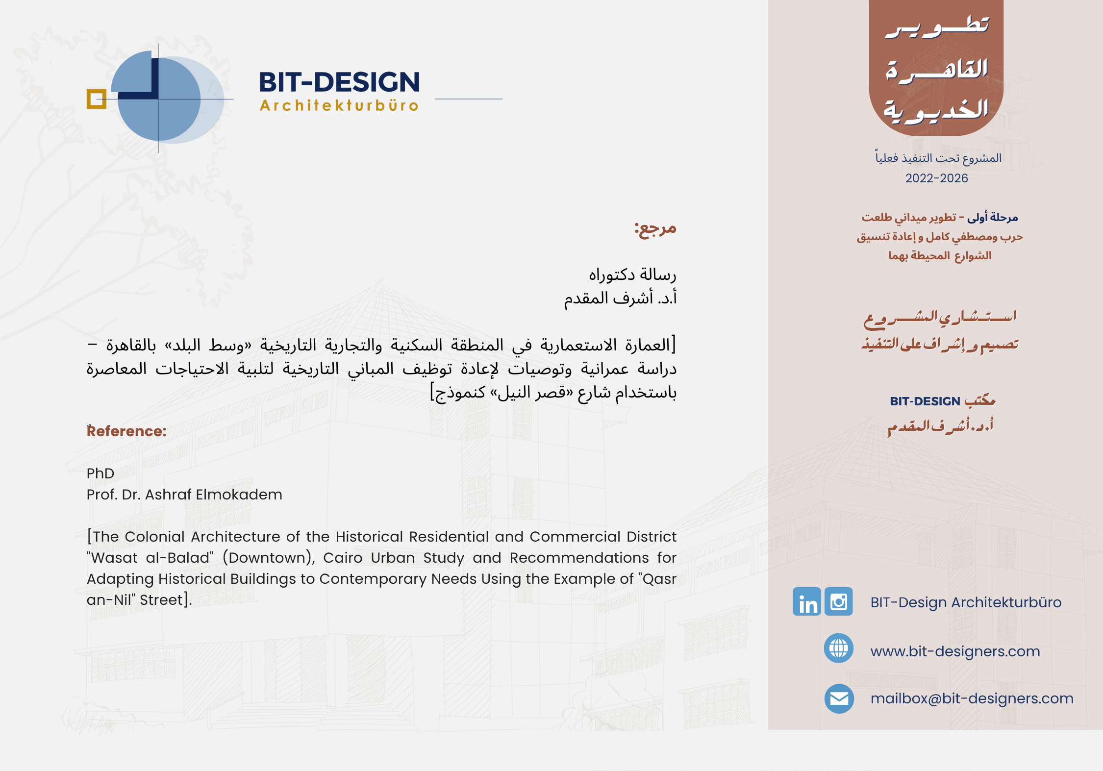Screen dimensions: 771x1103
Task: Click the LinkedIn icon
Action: [x=806, y=601]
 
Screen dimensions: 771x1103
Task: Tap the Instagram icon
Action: [x=839, y=601]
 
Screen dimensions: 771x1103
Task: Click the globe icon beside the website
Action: [x=839, y=648]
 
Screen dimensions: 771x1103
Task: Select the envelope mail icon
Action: [x=839, y=698]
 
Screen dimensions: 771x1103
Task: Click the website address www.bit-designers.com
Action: [x=955, y=651]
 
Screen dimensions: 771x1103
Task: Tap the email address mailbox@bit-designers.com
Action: [x=972, y=698]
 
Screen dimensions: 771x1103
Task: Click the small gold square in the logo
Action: [x=97, y=99]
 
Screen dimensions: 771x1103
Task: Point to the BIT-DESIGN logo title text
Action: [x=339, y=82]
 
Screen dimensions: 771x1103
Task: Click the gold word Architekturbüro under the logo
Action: [x=339, y=105]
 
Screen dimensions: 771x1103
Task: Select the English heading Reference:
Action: [x=127, y=431]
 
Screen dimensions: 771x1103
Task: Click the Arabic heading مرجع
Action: [x=655, y=228]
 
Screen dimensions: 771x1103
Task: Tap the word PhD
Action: [x=100, y=473]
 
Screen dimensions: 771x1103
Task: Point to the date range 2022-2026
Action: [x=936, y=178]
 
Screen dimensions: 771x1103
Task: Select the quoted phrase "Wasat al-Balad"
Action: [x=150, y=558]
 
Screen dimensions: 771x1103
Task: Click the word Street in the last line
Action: [x=161, y=600]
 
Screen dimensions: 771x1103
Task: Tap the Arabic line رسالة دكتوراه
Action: [x=632, y=275]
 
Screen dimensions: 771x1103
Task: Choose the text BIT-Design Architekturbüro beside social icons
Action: [x=966, y=602]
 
